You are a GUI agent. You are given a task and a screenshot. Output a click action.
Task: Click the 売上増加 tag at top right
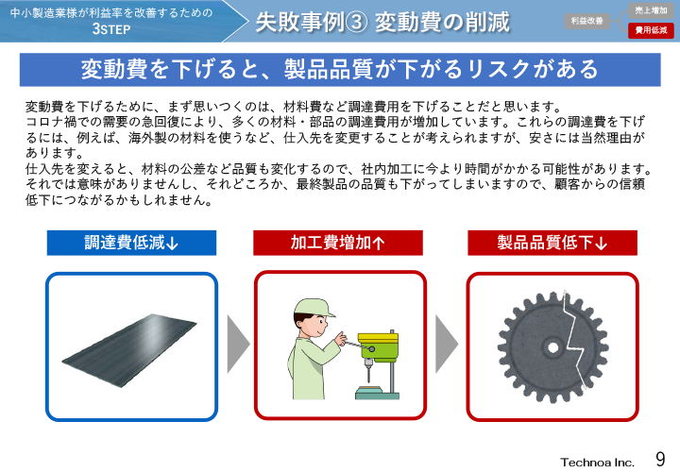tap(651, 9)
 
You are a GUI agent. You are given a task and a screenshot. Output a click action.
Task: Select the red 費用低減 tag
tap(651, 30)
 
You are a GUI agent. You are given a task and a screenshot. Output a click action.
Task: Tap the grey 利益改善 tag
tap(587, 20)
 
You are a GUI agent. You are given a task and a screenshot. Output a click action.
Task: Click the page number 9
tap(660, 459)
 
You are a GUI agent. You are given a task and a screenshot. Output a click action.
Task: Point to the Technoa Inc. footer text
tap(597, 462)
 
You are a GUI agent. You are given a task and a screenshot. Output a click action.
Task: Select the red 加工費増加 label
tap(338, 243)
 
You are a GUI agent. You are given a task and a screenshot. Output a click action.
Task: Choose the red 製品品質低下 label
tap(552, 243)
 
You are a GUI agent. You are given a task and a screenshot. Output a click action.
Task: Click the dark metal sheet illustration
tap(131, 346)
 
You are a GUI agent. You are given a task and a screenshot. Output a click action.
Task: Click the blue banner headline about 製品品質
tap(339, 70)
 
